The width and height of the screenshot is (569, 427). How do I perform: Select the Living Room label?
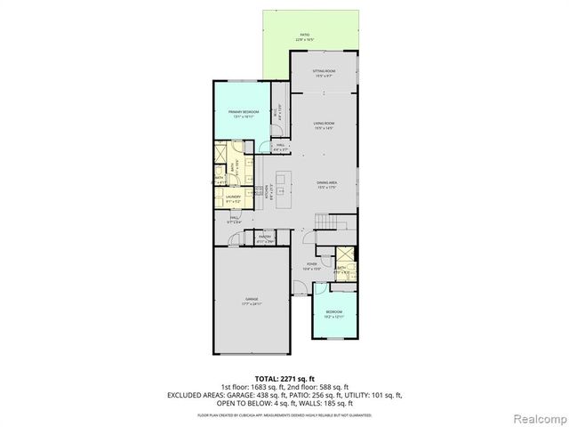pyautogui.click(x=323, y=125)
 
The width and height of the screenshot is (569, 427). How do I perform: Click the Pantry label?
pyautogui.click(x=265, y=238)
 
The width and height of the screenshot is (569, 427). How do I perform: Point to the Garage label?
pyautogui.click(x=252, y=301)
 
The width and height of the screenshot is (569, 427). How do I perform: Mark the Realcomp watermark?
pyautogui.click(x=537, y=417)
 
